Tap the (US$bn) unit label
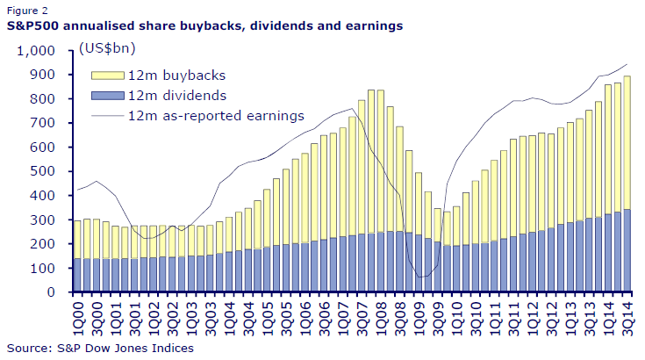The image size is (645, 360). tap(106, 50)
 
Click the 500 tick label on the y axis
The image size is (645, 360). tap(46, 171)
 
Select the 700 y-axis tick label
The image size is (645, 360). tap(46, 123)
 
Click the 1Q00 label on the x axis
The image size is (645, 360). tap(77, 313)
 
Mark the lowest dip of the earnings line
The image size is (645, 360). tap(423, 277)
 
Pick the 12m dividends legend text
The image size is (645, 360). tap(166, 95)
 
